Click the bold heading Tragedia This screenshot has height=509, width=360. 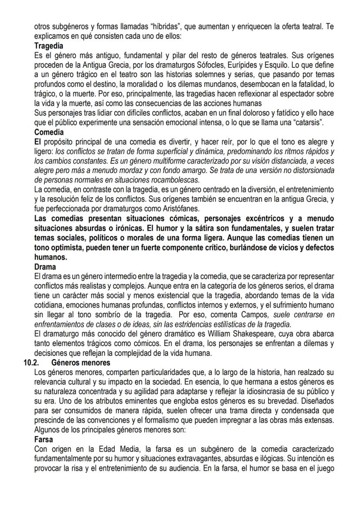(x=49, y=45)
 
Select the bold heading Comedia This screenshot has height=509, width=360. (x=49, y=132)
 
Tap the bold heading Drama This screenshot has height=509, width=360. (x=45, y=267)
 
